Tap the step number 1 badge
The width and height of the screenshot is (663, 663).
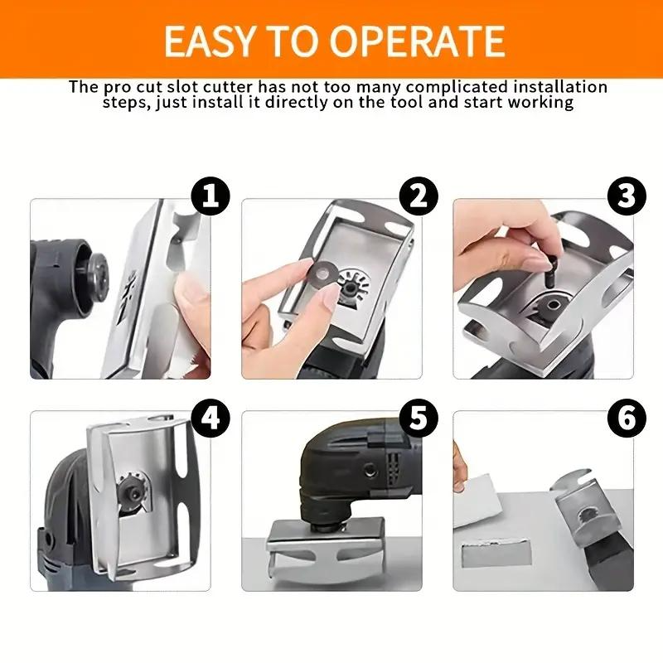tap(211, 196)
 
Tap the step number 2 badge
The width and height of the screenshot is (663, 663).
tap(419, 196)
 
